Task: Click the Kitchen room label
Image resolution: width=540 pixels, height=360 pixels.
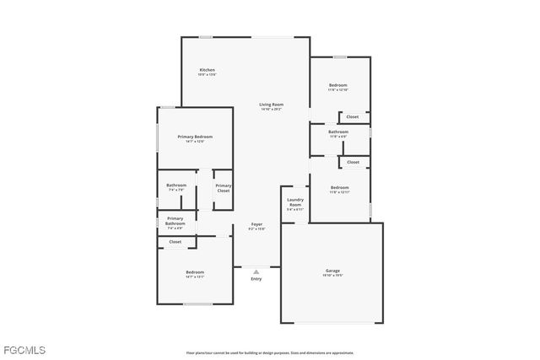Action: tap(207, 70)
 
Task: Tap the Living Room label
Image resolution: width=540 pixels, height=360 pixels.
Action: tap(271, 105)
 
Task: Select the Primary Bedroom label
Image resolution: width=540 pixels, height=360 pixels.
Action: tap(195, 137)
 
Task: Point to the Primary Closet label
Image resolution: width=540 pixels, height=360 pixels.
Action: tap(223, 188)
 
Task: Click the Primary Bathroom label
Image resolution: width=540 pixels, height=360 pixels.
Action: tap(175, 221)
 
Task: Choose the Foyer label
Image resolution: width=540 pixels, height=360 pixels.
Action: tap(256, 223)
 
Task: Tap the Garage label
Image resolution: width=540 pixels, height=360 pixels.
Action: tap(332, 271)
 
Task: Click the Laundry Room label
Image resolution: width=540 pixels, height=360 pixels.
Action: tap(294, 202)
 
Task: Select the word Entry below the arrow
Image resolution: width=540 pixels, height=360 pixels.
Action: tap(256, 279)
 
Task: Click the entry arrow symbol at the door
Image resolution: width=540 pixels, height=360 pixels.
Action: tap(256, 271)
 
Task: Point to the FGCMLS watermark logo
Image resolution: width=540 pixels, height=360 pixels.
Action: tap(24, 349)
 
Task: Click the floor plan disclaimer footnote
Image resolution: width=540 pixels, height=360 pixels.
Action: tap(270, 353)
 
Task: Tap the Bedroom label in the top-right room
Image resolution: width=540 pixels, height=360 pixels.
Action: tap(337, 84)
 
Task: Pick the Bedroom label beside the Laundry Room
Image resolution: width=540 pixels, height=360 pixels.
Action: tap(339, 187)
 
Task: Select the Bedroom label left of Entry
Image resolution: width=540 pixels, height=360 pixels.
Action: tap(195, 271)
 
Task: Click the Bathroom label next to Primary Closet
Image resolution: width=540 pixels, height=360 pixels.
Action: tap(176, 185)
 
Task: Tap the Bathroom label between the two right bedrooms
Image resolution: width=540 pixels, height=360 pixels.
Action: tap(338, 132)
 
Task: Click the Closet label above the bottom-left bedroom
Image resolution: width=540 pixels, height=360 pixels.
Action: tap(175, 242)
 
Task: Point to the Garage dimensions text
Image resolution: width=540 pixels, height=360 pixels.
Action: tap(332, 276)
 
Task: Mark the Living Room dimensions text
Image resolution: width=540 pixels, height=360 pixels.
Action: tap(271, 110)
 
